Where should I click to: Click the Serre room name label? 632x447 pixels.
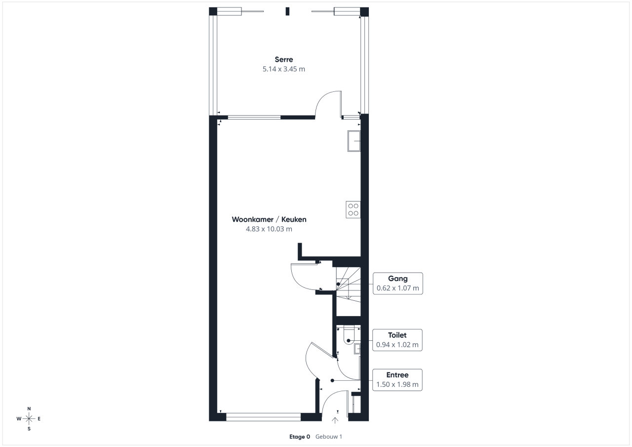pos(284,60)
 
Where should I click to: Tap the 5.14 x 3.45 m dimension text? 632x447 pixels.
pos(284,69)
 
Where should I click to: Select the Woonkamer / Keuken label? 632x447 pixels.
pos(269,219)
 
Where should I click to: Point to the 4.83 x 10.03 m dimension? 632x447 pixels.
pos(269,229)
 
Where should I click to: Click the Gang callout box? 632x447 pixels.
pos(398,284)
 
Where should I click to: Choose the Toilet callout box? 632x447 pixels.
pos(397,340)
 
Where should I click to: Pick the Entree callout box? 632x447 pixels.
pos(397,380)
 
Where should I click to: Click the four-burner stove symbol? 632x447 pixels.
pos(353,210)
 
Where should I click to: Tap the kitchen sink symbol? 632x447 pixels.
pos(354,141)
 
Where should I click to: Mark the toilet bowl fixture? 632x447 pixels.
pos(349,335)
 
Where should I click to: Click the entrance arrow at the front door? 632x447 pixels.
pos(335,420)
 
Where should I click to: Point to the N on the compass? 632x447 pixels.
pos(29,408)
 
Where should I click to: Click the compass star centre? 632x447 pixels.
pos(29,419)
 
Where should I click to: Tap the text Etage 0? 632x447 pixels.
pos(300,437)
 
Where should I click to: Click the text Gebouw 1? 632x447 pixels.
pos(329,437)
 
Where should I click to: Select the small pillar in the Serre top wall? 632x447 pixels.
pos(287,11)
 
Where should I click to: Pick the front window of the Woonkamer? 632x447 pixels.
pos(264,417)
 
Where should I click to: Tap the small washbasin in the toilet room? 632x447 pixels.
pos(357,349)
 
